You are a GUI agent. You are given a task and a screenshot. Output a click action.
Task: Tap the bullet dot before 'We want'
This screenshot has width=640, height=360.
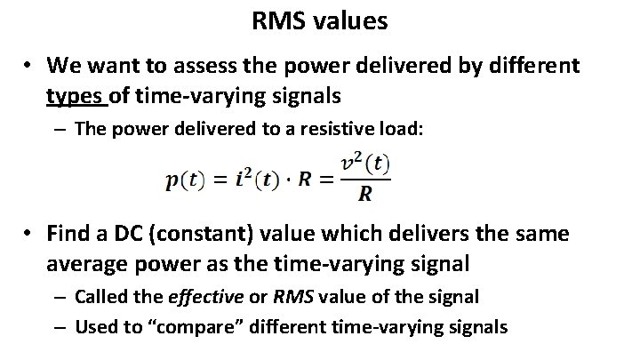coord(29,67)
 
